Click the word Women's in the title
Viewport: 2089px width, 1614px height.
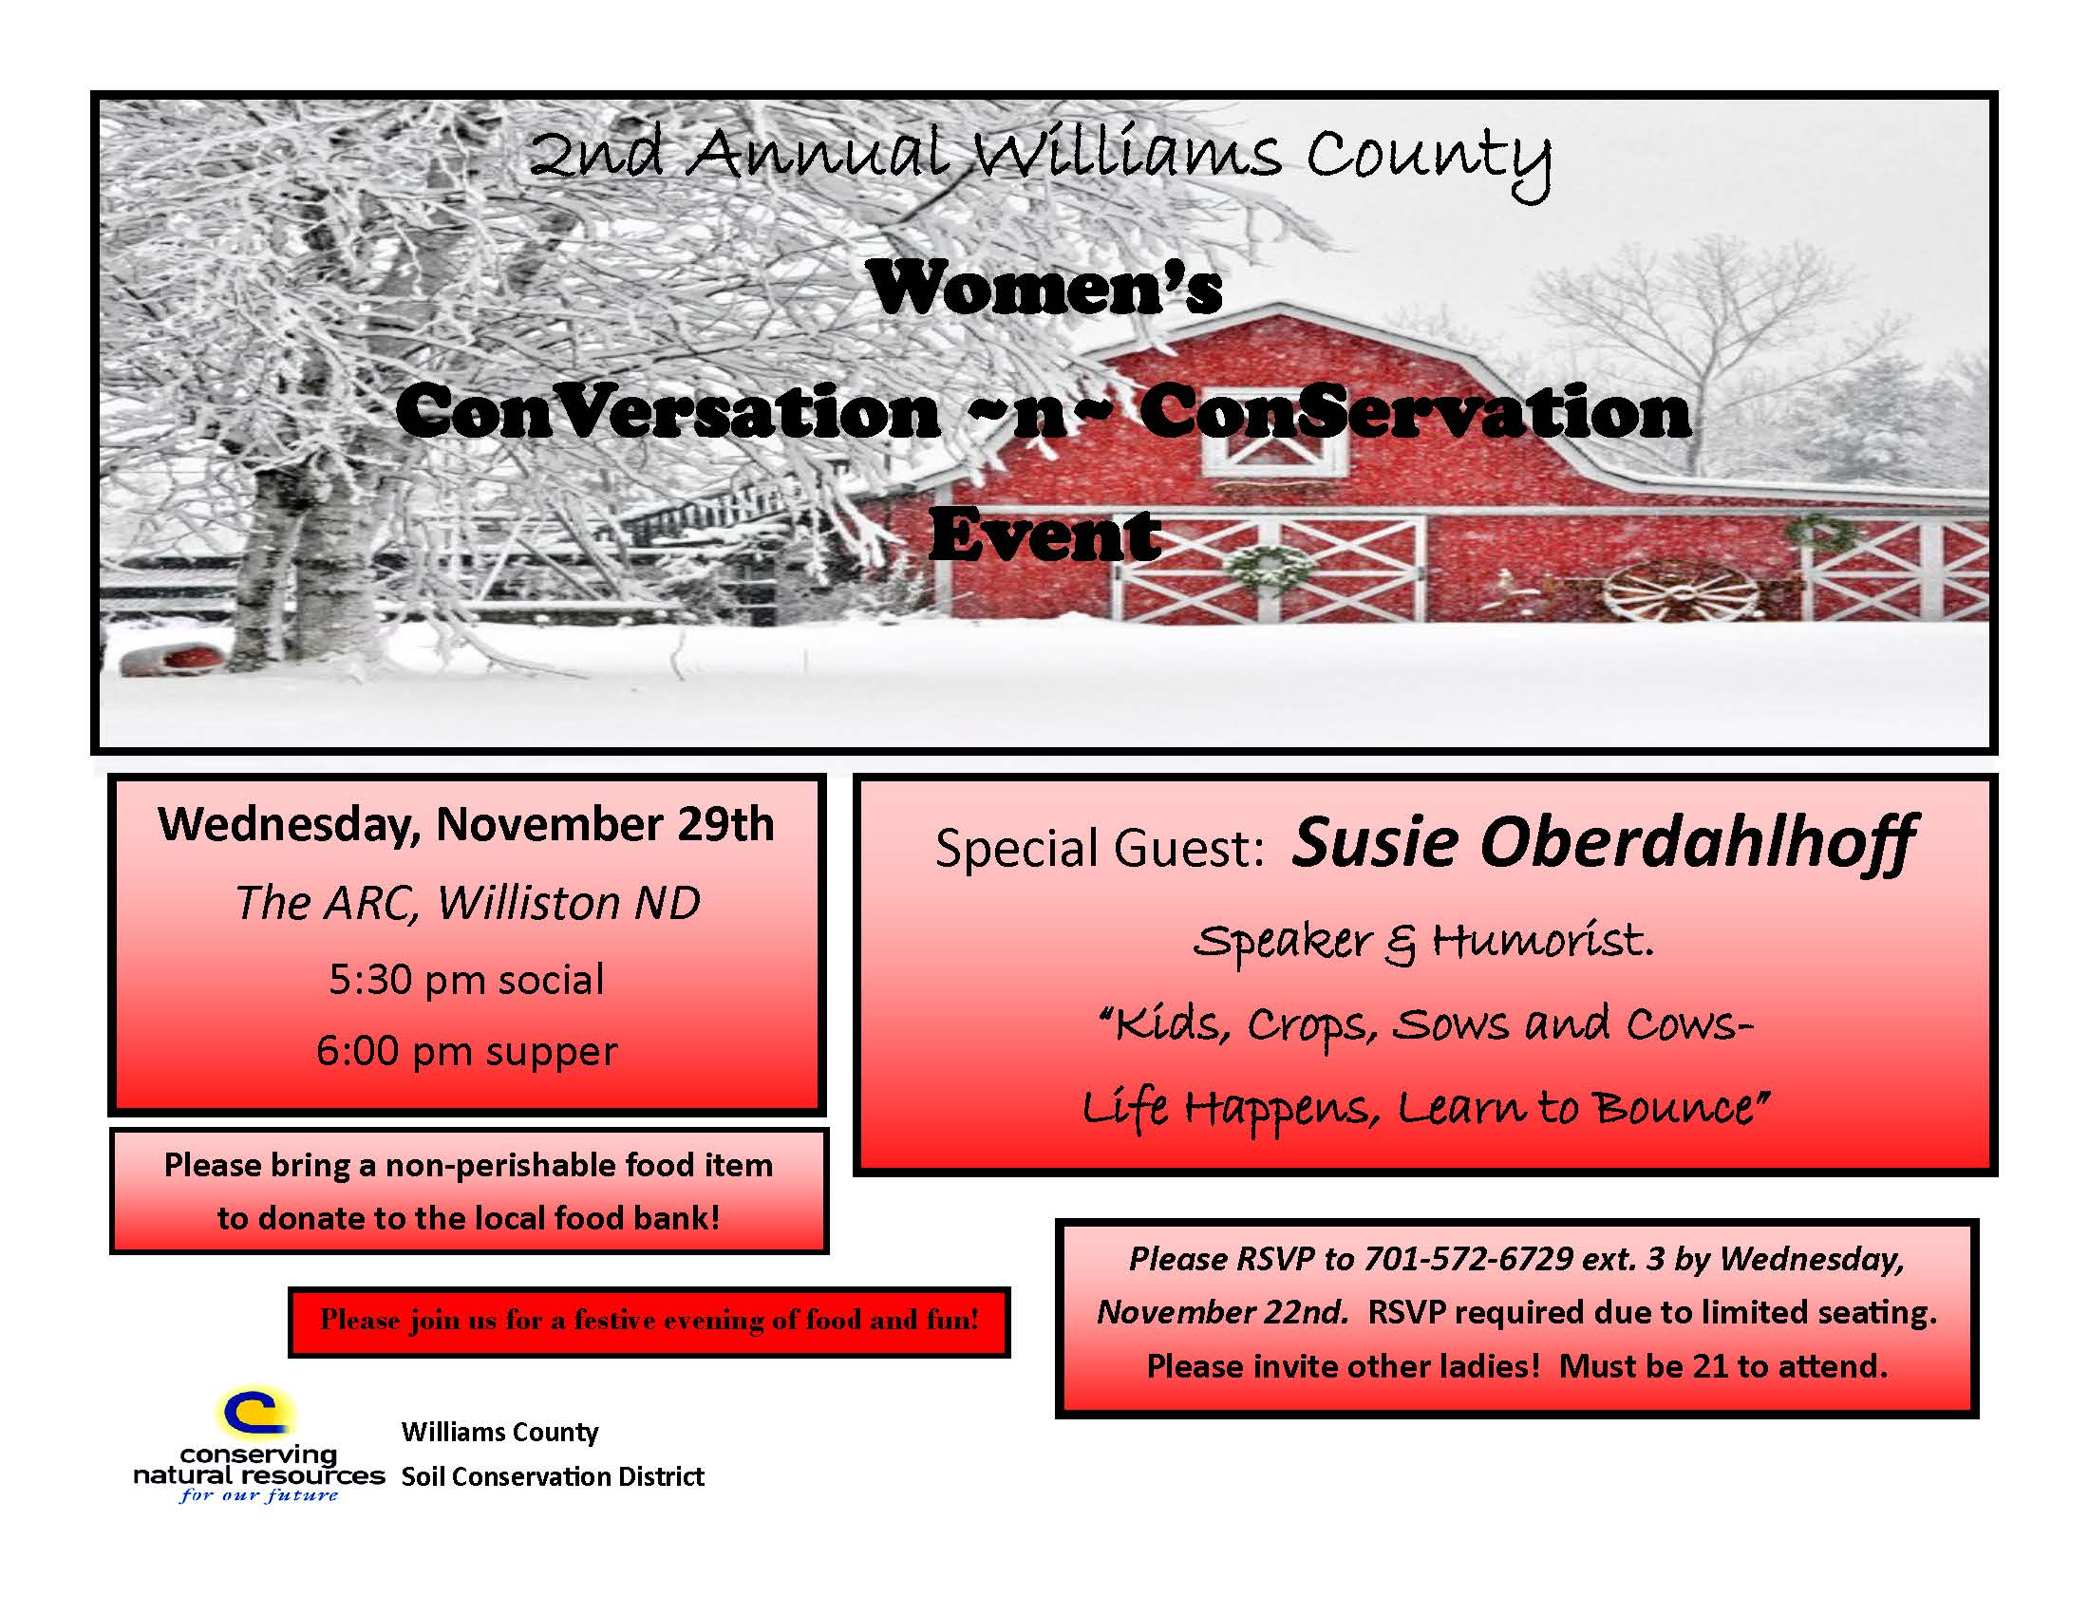[1044, 288]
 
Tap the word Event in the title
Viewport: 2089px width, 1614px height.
[1044, 535]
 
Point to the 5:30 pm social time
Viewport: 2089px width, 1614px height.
[467, 979]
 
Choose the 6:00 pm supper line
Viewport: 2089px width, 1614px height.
[467, 1052]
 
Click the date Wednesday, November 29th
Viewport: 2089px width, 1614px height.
[467, 824]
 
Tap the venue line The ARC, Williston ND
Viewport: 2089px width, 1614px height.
[467, 903]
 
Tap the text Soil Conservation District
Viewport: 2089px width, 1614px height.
[553, 1477]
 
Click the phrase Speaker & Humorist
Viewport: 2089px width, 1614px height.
[1423, 943]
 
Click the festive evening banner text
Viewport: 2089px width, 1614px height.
[649, 1322]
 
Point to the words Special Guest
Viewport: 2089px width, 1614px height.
[1100, 849]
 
